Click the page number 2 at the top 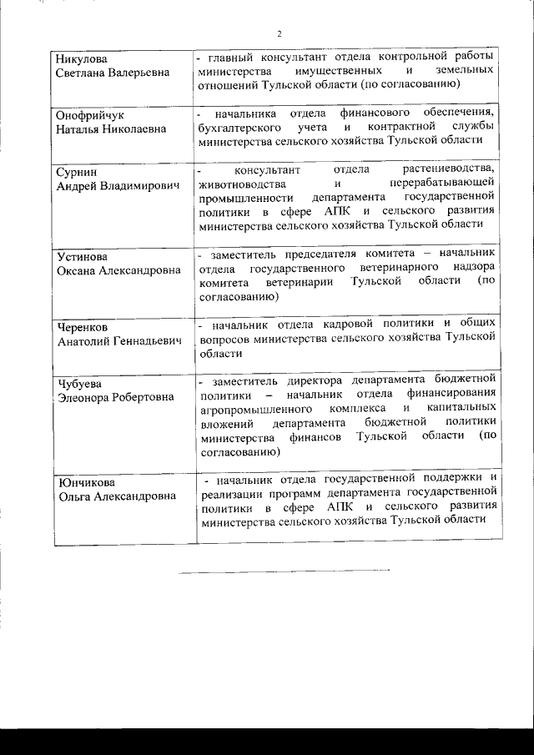coord(279,34)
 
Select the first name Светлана coord(86,73)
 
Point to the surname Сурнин coord(77,171)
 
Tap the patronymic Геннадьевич coord(141,341)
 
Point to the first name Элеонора coord(87,397)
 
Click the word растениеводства coord(455,170)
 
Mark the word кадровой coord(360,322)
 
